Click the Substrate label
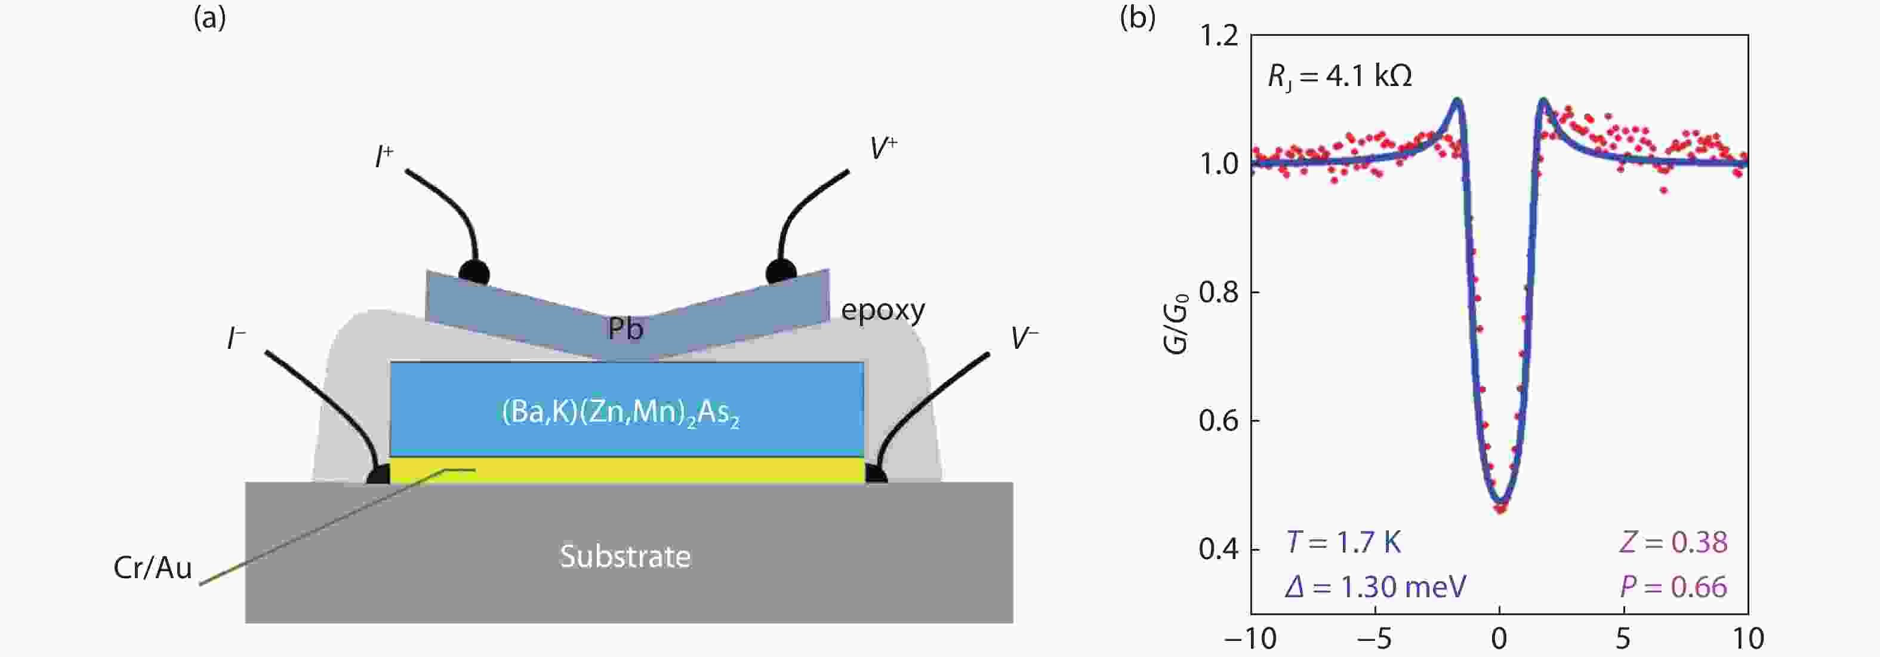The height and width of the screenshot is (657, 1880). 625,556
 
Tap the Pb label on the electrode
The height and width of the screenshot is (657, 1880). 625,328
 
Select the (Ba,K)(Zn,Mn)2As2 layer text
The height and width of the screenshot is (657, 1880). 620,413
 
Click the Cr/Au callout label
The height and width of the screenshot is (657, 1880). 153,568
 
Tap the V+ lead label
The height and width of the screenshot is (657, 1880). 883,148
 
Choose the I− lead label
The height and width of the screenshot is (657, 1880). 236,338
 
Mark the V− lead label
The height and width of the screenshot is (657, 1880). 1025,338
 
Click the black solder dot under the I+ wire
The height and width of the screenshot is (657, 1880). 474,272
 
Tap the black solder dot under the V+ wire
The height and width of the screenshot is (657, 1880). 781,272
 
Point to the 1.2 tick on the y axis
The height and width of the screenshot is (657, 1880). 1219,35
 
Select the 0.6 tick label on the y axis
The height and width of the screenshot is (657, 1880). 1219,421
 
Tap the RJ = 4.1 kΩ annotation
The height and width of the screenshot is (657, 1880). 1340,76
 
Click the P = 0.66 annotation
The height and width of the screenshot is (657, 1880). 1673,587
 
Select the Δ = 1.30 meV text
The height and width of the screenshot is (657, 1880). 1376,587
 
